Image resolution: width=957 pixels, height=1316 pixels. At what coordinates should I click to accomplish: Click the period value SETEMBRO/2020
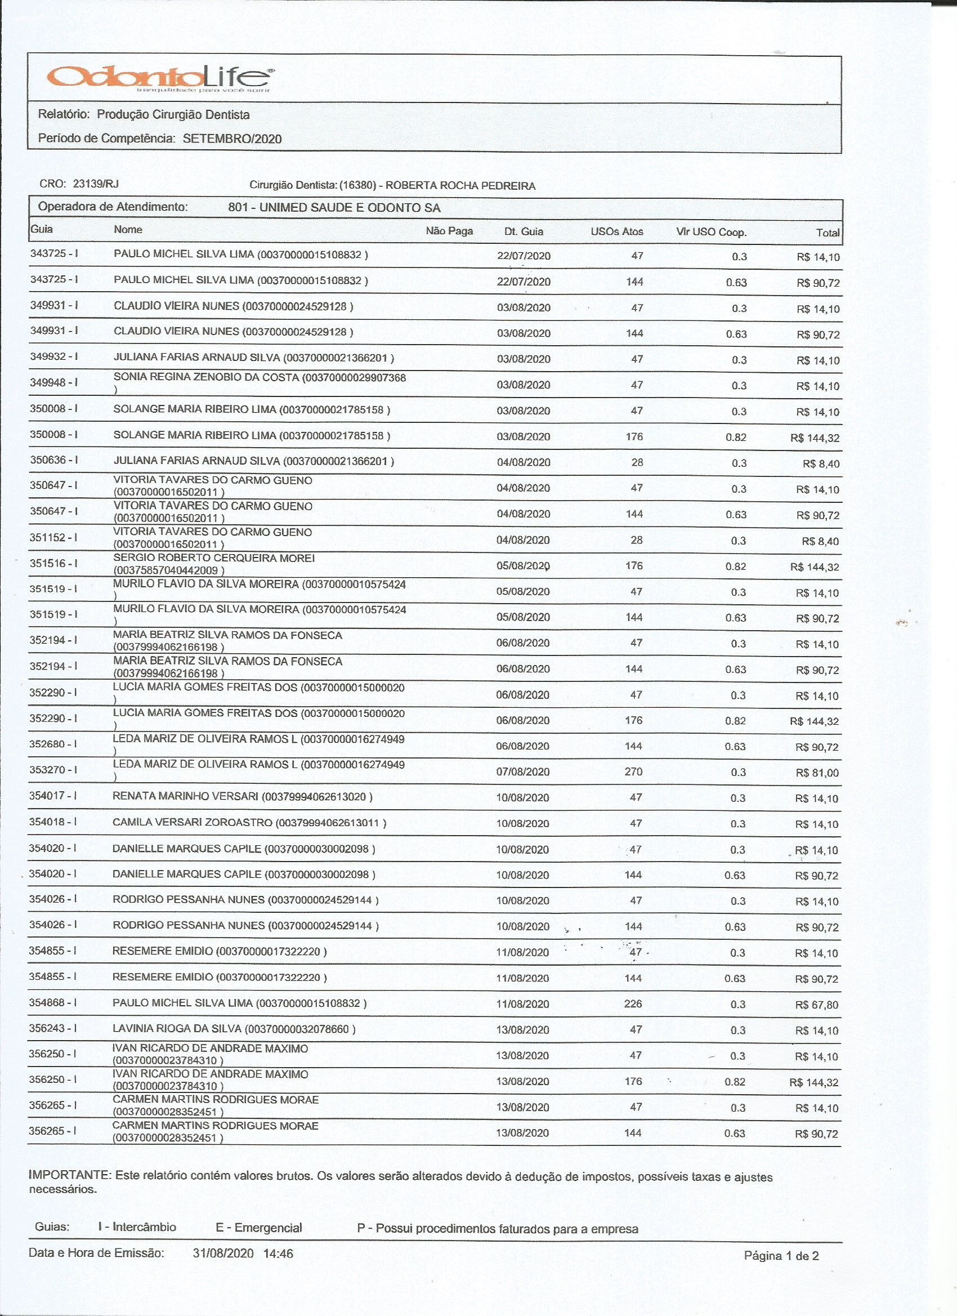(x=232, y=139)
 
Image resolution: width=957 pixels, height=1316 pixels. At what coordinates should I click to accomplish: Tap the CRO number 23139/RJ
(x=96, y=184)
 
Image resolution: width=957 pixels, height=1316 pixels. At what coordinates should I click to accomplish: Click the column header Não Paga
(x=449, y=231)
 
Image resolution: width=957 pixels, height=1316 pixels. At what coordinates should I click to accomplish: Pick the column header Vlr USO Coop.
(x=710, y=232)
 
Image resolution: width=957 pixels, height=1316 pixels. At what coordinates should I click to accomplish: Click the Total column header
(x=827, y=233)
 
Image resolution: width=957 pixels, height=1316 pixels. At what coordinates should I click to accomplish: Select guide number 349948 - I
(x=53, y=382)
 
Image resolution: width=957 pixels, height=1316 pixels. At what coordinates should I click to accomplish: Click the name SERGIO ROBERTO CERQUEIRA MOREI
(x=213, y=558)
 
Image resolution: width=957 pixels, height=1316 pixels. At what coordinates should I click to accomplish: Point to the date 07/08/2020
(x=522, y=771)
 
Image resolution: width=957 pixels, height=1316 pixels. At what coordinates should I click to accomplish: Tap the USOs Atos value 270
(x=633, y=771)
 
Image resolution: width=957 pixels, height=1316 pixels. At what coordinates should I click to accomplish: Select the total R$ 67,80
(x=816, y=1005)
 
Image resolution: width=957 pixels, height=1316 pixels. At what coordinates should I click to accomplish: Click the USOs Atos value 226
(x=633, y=1004)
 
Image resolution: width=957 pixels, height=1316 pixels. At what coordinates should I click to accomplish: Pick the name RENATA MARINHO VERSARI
(x=185, y=797)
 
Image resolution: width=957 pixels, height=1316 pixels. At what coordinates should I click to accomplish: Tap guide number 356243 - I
(x=53, y=1028)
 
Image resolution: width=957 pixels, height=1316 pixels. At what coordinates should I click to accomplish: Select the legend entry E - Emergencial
(x=259, y=1228)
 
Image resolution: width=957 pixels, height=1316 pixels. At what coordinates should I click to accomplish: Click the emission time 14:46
(x=278, y=1254)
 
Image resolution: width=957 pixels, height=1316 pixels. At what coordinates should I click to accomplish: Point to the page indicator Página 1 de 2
(x=781, y=1256)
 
